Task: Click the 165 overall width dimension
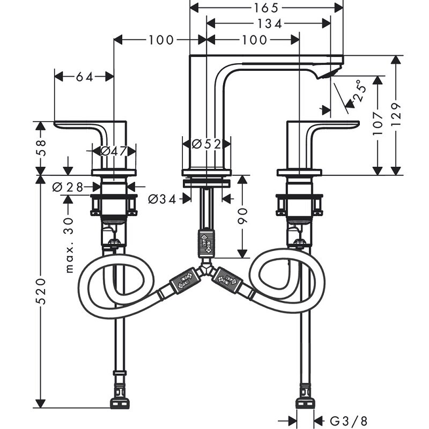click(x=267, y=8)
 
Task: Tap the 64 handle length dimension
click(x=84, y=77)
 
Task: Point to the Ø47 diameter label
click(x=113, y=151)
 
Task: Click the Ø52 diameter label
click(x=206, y=144)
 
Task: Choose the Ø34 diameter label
click(x=161, y=199)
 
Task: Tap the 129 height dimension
click(x=396, y=114)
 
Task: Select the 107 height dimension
click(x=379, y=123)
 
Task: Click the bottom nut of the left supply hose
click(x=119, y=403)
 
